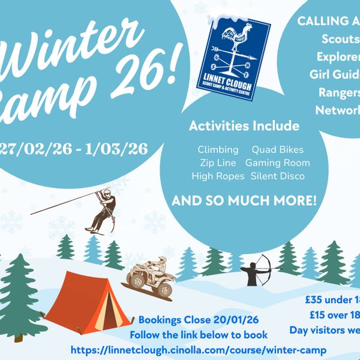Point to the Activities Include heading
click(x=244, y=126)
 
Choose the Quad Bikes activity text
click(x=277, y=149)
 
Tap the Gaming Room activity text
click(x=277, y=163)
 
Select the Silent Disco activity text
click(x=277, y=176)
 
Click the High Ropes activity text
click(x=218, y=176)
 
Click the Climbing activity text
click(x=218, y=149)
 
